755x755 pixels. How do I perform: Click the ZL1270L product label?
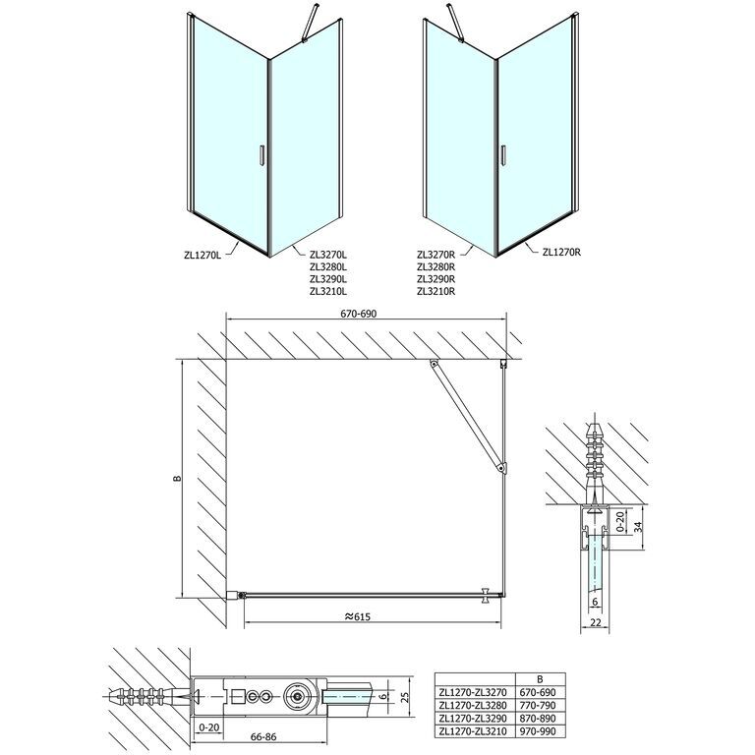tap(203, 256)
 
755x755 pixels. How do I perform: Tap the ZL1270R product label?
tap(561, 252)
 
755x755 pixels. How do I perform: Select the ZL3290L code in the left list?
tap(329, 279)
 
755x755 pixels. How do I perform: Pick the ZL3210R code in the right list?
tap(436, 291)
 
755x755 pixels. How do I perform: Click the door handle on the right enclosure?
tap(503, 155)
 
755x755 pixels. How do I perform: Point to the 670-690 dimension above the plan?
tap(359, 314)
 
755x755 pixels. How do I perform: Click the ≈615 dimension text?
tap(358, 616)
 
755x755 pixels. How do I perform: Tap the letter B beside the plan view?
tap(177, 478)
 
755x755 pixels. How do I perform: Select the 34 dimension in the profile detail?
tap(638, 526)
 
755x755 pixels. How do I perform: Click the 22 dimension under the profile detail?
tap(596, 622)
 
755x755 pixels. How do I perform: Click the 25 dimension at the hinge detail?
tap(405, 697)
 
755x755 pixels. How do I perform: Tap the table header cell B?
tap(540, 679)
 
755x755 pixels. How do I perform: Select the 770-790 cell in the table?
tap(538, 706)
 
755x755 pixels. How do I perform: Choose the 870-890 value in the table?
tap(538, 719)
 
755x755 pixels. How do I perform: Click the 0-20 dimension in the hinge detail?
tap(208, 727)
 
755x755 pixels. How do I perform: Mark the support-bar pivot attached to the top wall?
tap(435, 365)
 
